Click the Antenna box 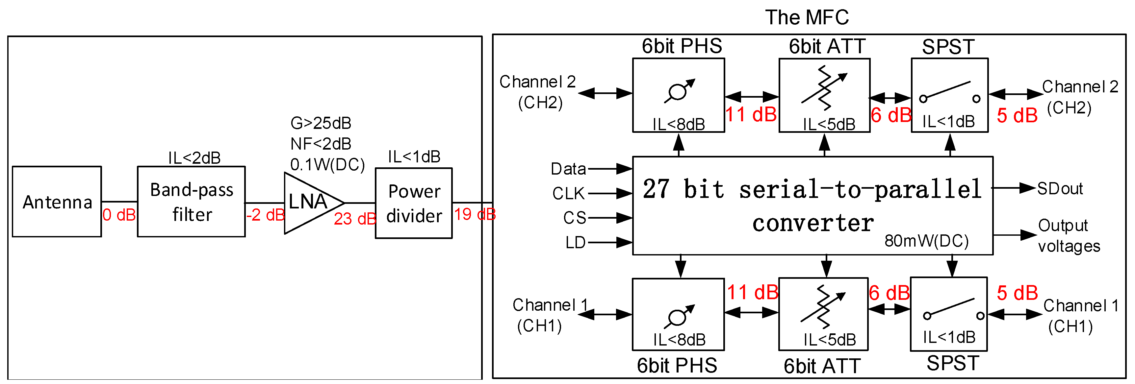pos(57,202)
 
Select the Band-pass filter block pos(191,202)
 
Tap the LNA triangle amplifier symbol pos(308,203)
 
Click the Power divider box pos(414,204)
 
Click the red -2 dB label pos(265,215)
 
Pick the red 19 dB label pos(475,214)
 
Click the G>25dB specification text pos(321,123)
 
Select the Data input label pos(568,169)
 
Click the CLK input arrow pos(610,193)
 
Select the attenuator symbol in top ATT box pos(823,88)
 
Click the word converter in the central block pos(813,223)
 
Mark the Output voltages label pos(1069,236)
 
